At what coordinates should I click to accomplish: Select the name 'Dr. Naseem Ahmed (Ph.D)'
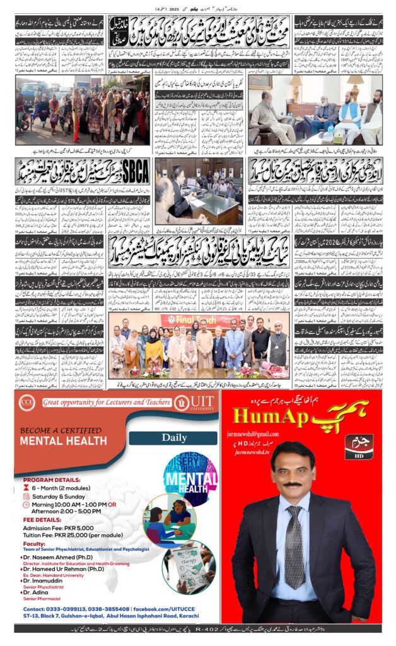click(56, 558)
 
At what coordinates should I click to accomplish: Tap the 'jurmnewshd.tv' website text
click(255, 452)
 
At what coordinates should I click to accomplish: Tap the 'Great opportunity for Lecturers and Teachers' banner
click(106, 402)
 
